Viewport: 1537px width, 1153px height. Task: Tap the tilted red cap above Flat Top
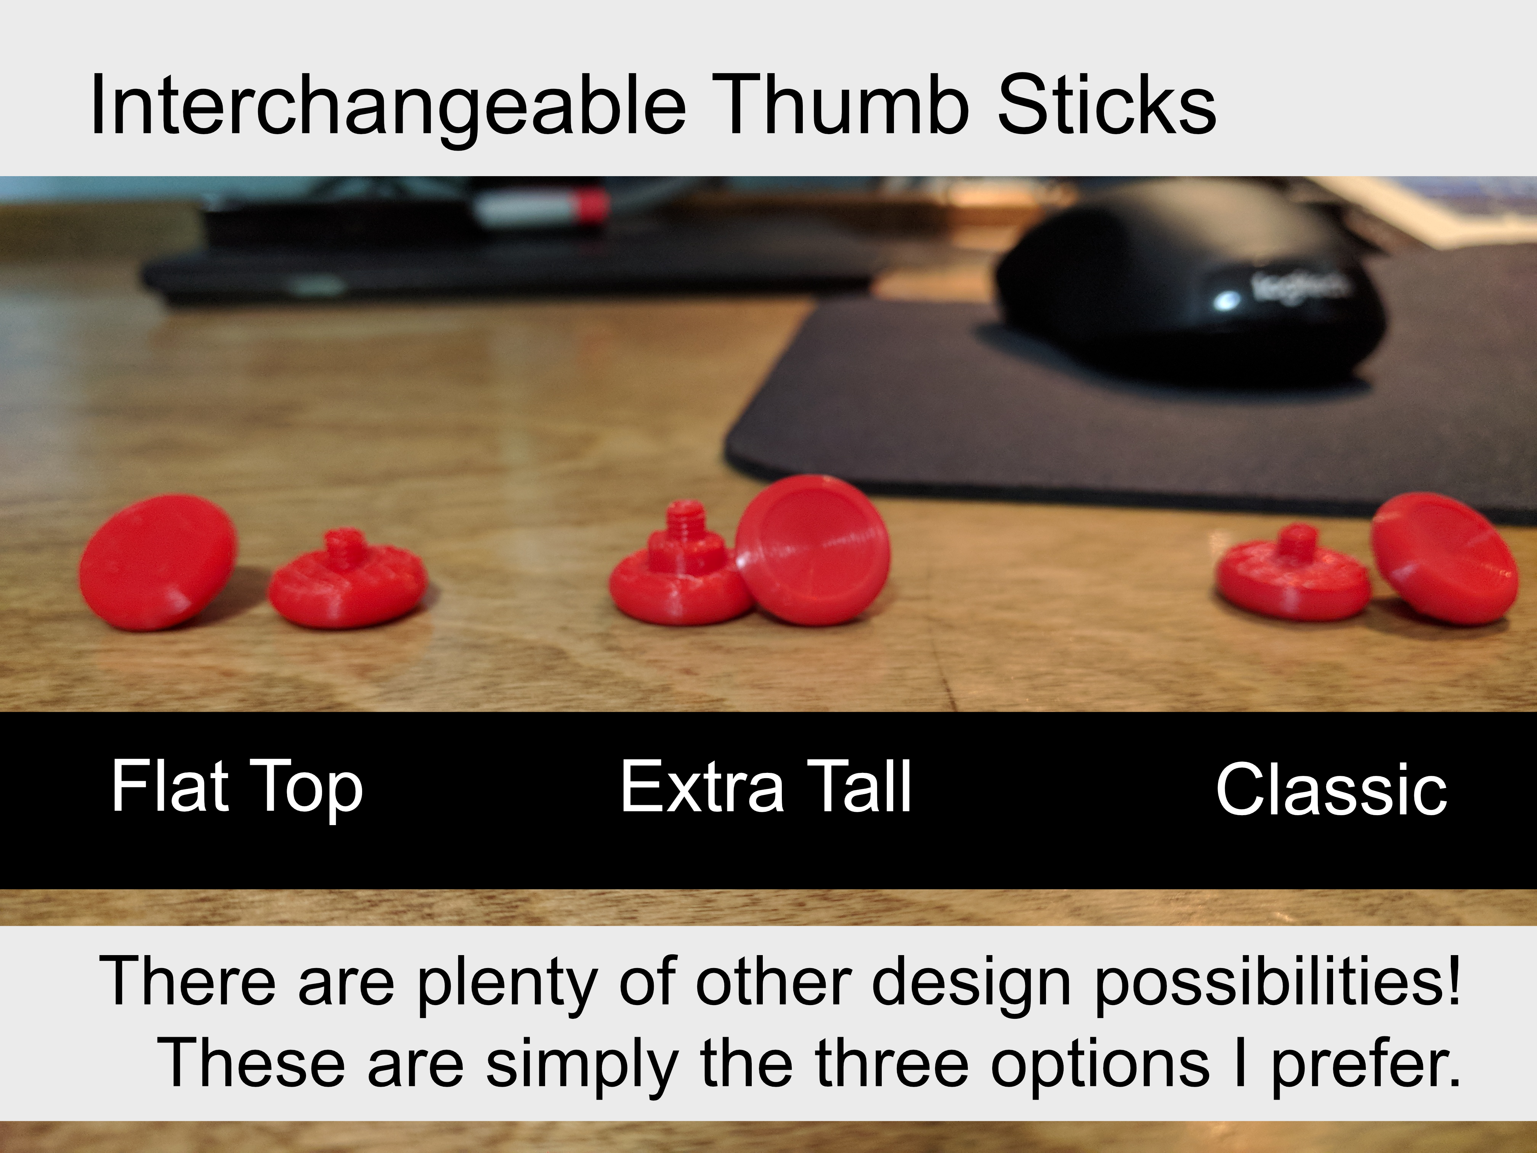point(158,563)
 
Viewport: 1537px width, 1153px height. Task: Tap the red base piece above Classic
point(1292,574)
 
